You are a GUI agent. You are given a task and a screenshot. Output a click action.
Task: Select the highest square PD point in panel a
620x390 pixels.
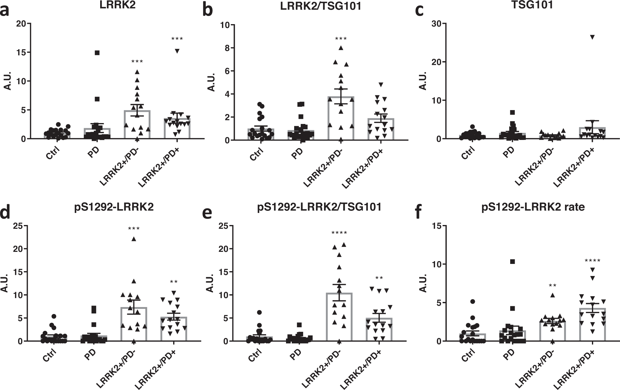click(x=97, y=53)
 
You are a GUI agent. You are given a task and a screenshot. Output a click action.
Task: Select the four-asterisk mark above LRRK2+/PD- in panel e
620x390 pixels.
click(x=339, y=233)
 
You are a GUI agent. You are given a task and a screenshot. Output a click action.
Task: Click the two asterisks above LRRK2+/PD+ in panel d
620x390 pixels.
click(x=173, y=282)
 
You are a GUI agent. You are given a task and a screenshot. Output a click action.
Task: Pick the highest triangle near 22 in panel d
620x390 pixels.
click(x=134, y=239)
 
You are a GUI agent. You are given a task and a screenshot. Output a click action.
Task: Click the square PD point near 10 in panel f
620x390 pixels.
click(x=512, y=262)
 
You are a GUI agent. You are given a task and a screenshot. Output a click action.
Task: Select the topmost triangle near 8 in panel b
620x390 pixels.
click(x=341, y=48)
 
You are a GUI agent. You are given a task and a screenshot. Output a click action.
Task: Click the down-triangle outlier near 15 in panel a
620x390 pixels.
click(x=177, y=51)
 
